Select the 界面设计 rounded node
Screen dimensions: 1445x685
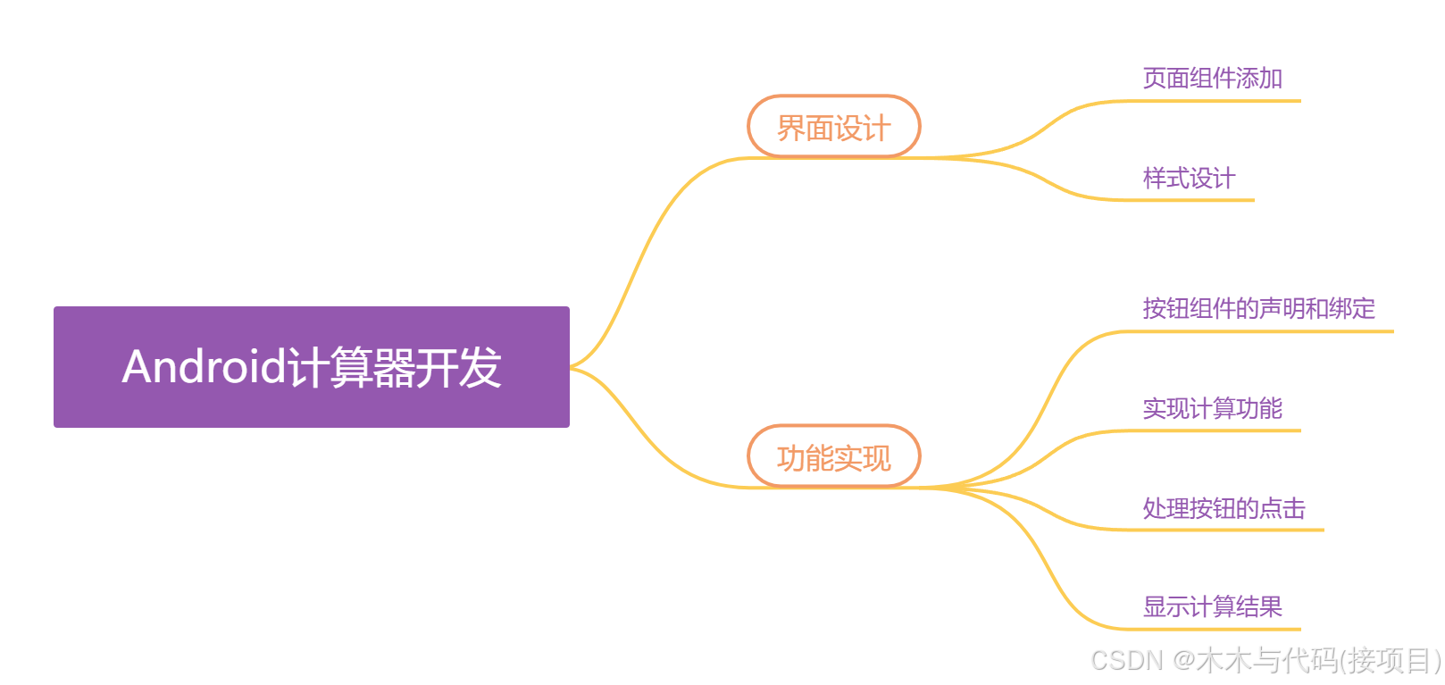coord(833,128)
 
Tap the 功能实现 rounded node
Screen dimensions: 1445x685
coord(833,457)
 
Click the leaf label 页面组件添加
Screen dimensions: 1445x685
coord(1212,79)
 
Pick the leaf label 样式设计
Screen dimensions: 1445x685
coord(1189,179)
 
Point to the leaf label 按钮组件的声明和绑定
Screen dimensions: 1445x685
coord(1258,309)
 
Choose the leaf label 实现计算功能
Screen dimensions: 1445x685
coord(1212,409)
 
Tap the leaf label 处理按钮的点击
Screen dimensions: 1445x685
coord(1224,509)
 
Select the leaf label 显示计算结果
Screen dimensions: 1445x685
coord(1212,607)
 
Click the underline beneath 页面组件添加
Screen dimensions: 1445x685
coord(1215,101)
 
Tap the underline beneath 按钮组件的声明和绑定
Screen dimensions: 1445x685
coord(1259,331)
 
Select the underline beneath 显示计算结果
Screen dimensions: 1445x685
coord(1215,630)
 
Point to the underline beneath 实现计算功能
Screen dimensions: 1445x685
coord(1215,430)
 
